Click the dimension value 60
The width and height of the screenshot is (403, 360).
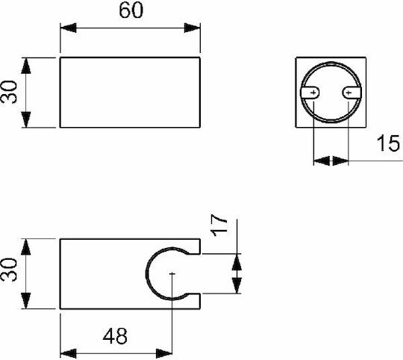131,10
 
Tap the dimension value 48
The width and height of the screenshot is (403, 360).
115,336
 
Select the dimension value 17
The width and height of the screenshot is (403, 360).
219,226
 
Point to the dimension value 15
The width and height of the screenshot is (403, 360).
388,143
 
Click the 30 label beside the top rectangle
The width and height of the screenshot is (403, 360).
9,92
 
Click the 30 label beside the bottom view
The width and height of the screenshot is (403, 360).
9,270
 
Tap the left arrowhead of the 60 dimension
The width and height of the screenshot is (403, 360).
69,28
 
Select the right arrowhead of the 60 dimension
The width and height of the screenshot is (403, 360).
192,28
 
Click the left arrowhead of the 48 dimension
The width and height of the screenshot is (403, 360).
69,353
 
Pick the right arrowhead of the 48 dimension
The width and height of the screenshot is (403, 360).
164,353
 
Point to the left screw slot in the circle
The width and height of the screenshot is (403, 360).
310,93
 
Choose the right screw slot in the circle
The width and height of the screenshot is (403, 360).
352,93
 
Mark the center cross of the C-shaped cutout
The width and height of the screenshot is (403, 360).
172,274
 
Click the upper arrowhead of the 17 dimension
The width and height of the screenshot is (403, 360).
237,261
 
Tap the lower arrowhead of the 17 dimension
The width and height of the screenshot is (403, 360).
237,285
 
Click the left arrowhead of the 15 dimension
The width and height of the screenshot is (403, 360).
322,161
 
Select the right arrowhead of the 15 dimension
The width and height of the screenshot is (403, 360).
340,161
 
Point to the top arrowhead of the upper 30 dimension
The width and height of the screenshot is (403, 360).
26,66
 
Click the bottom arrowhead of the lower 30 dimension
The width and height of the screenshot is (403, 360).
26,300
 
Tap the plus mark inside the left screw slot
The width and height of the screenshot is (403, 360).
313,93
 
